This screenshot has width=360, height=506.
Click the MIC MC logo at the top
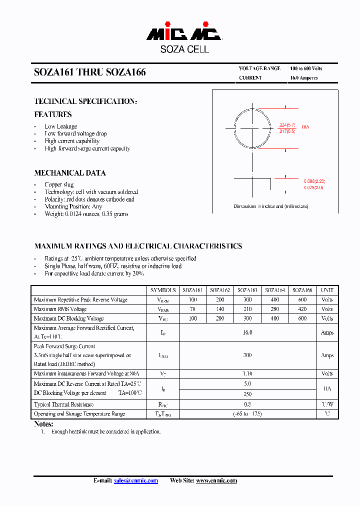pos(184,33)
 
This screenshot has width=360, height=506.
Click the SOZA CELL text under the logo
pos(184,49)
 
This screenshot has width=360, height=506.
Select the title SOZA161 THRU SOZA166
pos(90,72)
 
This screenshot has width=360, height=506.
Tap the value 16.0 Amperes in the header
pos(304,78)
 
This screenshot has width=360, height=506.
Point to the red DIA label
pos(305,127)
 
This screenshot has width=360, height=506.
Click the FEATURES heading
pos(53,114)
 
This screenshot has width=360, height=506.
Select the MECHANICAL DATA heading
pos(70,173)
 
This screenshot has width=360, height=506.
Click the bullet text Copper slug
pos(59,184)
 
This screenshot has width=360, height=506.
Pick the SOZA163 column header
pos(247,290)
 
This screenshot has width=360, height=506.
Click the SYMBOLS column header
pos(163,290)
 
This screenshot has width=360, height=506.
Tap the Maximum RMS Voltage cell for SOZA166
pos(302,309)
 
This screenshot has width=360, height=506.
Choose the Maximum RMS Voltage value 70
pos(192,309)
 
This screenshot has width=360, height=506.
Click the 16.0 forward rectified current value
pos(247,332)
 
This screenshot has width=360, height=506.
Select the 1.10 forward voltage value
pos(247,373)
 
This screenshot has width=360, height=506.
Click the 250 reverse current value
pos(247,394)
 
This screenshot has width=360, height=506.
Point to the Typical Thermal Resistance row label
pos(63,404)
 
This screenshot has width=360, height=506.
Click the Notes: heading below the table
pos(43,424)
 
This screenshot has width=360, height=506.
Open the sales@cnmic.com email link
pos(135,480)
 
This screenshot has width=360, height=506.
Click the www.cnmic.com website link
pos(216,480)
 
